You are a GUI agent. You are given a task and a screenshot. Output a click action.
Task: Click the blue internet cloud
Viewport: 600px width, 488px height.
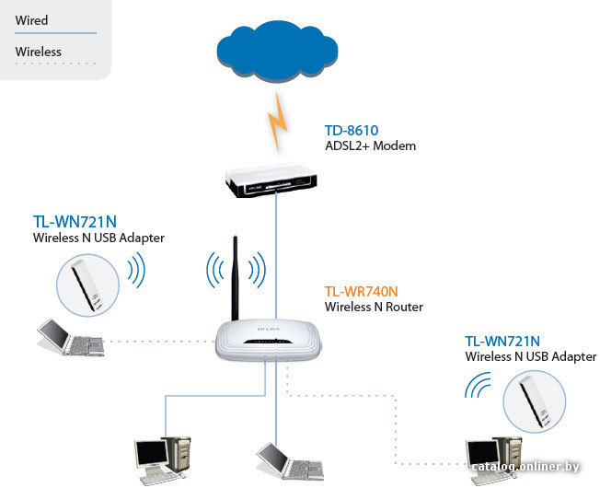(x=277, y=52)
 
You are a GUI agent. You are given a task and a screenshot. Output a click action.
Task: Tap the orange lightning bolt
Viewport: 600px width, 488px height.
(x=278, y=122)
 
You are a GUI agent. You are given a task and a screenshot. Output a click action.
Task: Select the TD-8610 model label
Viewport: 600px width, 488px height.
(x=352, y=131)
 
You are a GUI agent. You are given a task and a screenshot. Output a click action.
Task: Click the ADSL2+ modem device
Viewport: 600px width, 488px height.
(x=271, y=180)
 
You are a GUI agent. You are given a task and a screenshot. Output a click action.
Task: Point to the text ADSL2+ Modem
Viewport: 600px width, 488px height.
(x=370, y=145)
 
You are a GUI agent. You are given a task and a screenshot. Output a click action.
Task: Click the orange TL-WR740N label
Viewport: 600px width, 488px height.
(x=362, y=292)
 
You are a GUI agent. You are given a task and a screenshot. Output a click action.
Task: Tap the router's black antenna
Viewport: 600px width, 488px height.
(x=235, y=278)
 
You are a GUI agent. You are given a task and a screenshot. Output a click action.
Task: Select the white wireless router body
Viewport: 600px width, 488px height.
(x=268, y=341)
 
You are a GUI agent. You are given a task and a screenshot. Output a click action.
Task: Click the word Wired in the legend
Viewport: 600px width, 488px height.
(x=32, y=20)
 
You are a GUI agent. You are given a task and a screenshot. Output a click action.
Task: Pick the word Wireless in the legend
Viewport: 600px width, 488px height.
(x=39, y=52)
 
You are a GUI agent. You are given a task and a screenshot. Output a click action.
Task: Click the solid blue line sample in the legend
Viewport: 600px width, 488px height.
(x=55, y=33)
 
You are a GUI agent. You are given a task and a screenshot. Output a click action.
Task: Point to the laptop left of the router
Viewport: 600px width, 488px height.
(x=71, y=338)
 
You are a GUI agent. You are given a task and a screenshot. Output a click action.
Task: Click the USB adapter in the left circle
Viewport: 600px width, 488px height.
(x=87, y=285)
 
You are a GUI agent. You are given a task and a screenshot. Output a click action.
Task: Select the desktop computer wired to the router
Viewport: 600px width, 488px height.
(x=162, y=460)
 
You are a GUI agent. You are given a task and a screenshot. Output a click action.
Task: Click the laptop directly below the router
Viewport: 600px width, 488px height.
(x=290, y=461)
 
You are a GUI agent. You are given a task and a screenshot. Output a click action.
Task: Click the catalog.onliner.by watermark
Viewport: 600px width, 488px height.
(x=525, y=467)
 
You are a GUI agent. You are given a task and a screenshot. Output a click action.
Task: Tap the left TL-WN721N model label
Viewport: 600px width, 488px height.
(x=75, y=222)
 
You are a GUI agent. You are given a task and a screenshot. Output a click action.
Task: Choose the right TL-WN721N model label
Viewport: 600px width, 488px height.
(x=502, y=341)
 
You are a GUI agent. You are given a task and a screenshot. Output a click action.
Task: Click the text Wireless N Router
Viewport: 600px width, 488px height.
(x=374, y=307)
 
